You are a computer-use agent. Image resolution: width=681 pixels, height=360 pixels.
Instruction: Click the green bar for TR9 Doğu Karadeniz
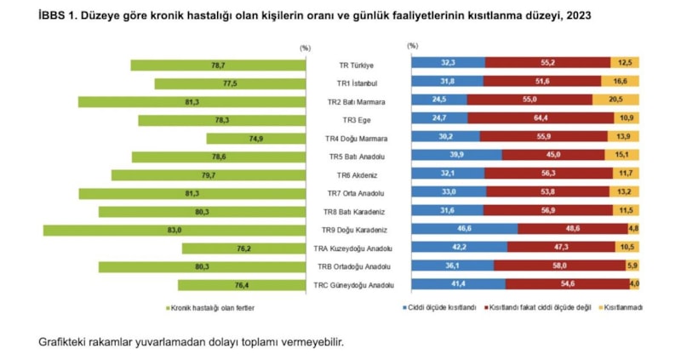tap(175, 230)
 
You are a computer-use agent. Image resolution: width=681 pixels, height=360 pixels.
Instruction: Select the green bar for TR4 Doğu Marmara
tap(255, 138)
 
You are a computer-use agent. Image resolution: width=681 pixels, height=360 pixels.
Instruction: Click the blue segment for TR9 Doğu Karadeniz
tap(464, 230)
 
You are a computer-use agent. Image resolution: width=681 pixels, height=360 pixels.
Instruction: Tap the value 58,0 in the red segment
tap(558, 266)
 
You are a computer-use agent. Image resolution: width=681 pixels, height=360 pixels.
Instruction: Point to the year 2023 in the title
tap(575, 15)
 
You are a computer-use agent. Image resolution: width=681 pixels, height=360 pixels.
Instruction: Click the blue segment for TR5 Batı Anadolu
tap(456, 157)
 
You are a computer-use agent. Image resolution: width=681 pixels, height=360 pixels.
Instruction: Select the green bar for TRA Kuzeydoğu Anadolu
tap(243, 249)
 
